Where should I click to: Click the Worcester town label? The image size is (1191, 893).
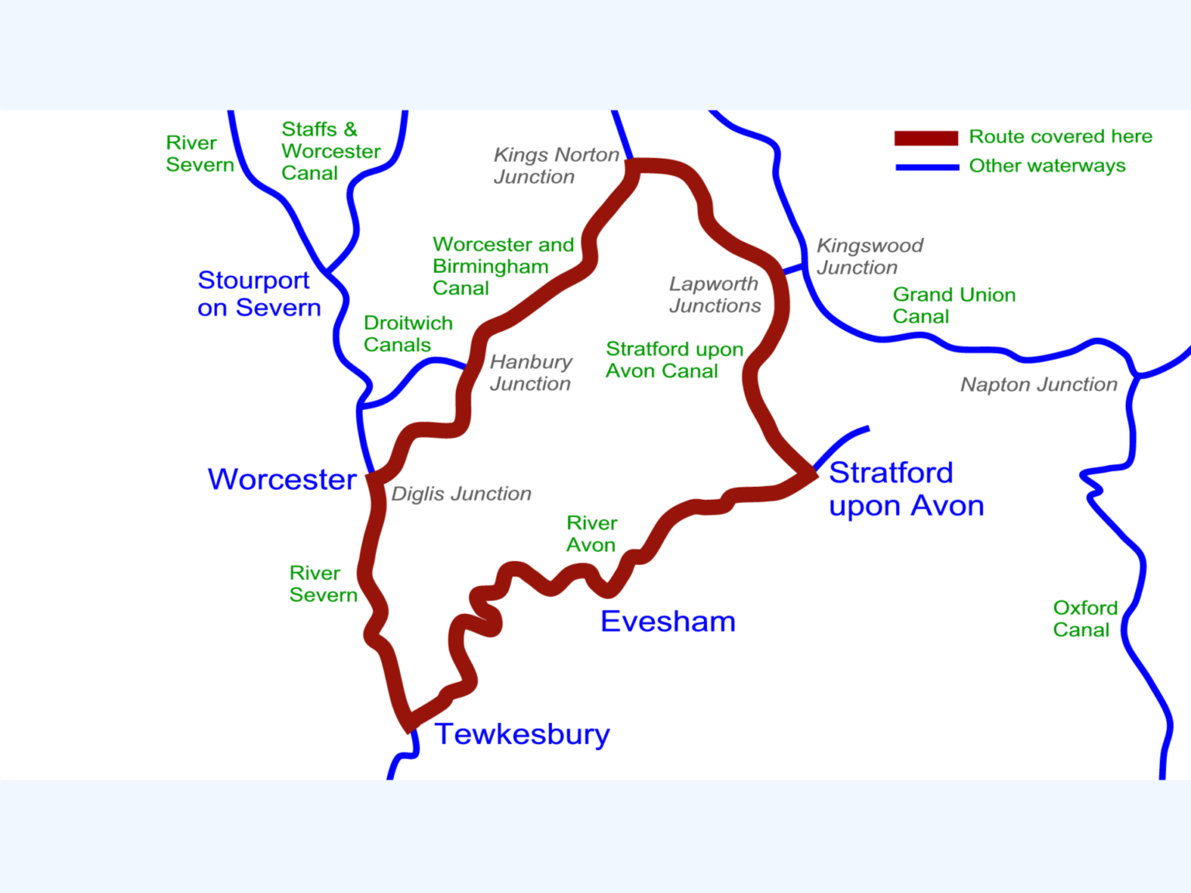pyautogui.click(x=282, y=480)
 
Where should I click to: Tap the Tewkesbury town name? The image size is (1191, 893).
pyautogui.click(x=522, y=734)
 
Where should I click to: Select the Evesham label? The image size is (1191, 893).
pyautogui.click(x=668, y=622)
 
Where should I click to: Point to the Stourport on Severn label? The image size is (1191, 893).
pyautogui.click(x=258, y=294)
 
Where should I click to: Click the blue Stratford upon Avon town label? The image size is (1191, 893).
pyautogui.click(x=906, y=489)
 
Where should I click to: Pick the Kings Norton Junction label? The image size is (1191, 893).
pyautogui.click(x=555, y=166)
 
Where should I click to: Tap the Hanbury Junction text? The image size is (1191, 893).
pyautogui.click(x=530, y=373)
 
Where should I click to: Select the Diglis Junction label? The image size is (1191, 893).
pyautogui.click(x=461, y=494)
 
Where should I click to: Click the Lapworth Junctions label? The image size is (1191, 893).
pyautogui.click(x=714, y=295)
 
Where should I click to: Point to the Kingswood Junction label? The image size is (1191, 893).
pyautogui.click(x=869, y=257)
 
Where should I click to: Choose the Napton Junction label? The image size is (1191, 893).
pyautogui.click(x=1038, y=384)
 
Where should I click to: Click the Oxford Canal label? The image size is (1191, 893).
pyautogui.click(x=1084, y=619)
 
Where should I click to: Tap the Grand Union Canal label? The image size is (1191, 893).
pyautogui.click(x=954, y=305)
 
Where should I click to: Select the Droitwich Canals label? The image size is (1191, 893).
pyautogui.click(x=408, y=334)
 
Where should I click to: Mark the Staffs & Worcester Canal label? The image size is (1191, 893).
pyautogui.click(x=330, y=151)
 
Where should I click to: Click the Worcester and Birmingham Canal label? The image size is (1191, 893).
pyautogui.click(x=502, y=266)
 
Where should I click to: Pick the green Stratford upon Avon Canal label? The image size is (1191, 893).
pyautogui.click(x=674, y=360)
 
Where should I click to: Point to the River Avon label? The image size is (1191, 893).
pyautogui.click(x=591, y=534)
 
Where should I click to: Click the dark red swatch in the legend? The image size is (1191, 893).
pyautogui.click(x=926, y=138)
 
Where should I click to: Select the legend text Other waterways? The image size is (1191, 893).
pyautogui.click(x=1047, y=166)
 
